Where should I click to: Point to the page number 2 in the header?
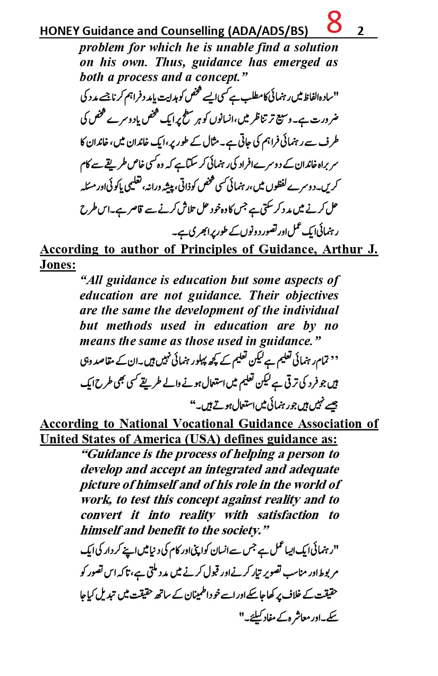(360, 31)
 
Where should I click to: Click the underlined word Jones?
(58, 264)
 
